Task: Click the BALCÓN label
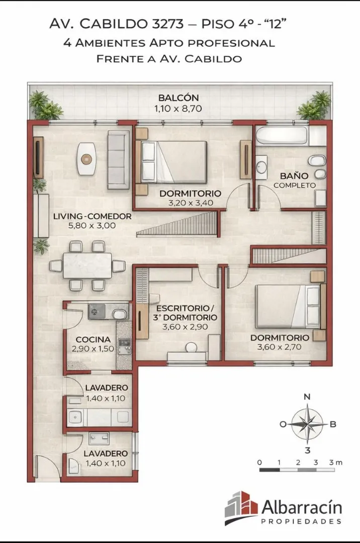(178, 98)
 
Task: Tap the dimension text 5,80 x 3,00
(92, 226)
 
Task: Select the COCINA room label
(93, 339)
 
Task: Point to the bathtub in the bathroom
(282, 135)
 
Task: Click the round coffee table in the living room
(86, 158)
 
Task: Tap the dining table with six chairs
(87, 265)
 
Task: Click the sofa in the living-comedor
(118, 160)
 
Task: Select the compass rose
(307, 423)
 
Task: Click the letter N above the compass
(307, 397)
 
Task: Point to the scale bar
(297, 470)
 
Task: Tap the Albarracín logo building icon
(241, 507)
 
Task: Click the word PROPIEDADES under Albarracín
(301, 521)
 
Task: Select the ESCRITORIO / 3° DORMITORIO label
(185, 313)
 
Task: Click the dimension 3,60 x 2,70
(280, 347)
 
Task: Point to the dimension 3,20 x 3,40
(191, 203)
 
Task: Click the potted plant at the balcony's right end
(314, 106)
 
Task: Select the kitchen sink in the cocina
(119, 314)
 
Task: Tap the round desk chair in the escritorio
(191, 347)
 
